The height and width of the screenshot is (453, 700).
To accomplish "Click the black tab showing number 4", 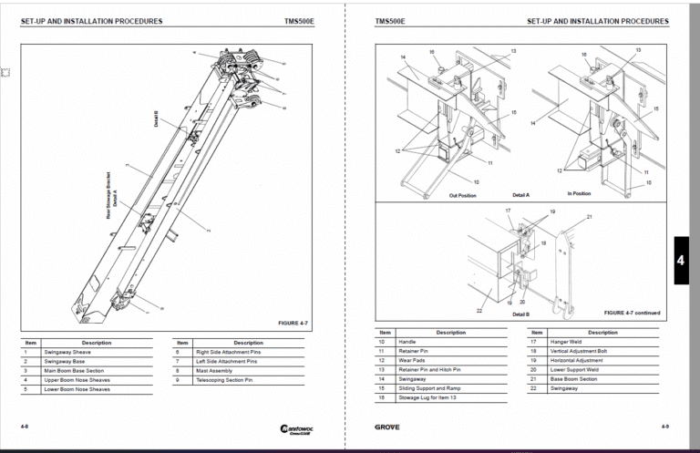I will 680,261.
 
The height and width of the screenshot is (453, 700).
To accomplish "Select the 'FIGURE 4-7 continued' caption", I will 632,313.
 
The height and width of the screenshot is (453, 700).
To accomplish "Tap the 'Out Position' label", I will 464,194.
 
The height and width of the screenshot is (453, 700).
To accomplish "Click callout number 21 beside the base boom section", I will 589,217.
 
